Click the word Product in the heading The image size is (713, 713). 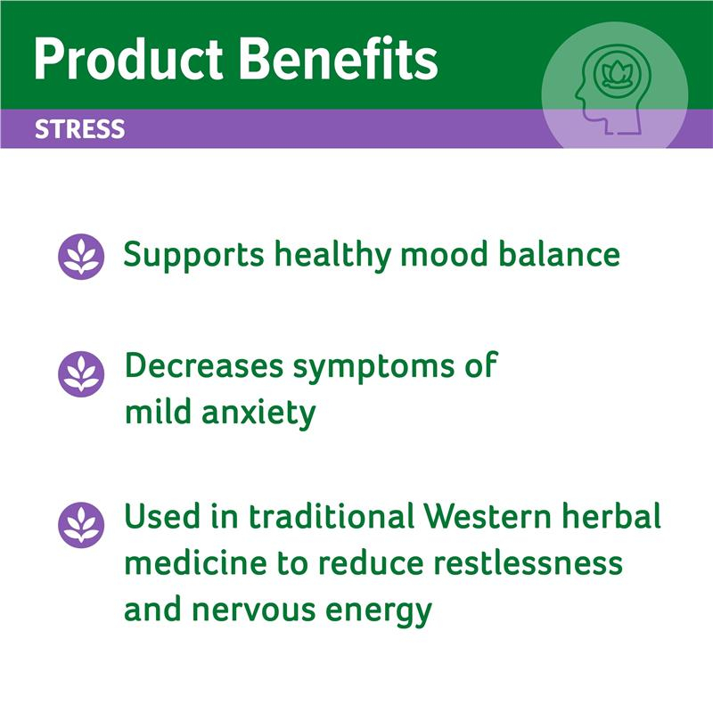coord(128,60)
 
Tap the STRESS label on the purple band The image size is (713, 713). coord(80,129)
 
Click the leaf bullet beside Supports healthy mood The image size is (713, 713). coord(81,257)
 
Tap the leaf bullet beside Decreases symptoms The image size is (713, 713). coord(81,373)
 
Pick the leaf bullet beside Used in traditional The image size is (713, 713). coord(81,525)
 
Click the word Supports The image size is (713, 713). coord(194,256)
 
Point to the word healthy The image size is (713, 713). coord(332,256)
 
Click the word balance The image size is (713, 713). coord(560,254)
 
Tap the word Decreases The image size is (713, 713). coord(204,365)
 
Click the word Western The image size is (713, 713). coord(488,516)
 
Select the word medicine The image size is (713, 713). coord(196,562)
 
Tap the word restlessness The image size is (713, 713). coord(528,562)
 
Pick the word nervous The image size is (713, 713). coord(254,611)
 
